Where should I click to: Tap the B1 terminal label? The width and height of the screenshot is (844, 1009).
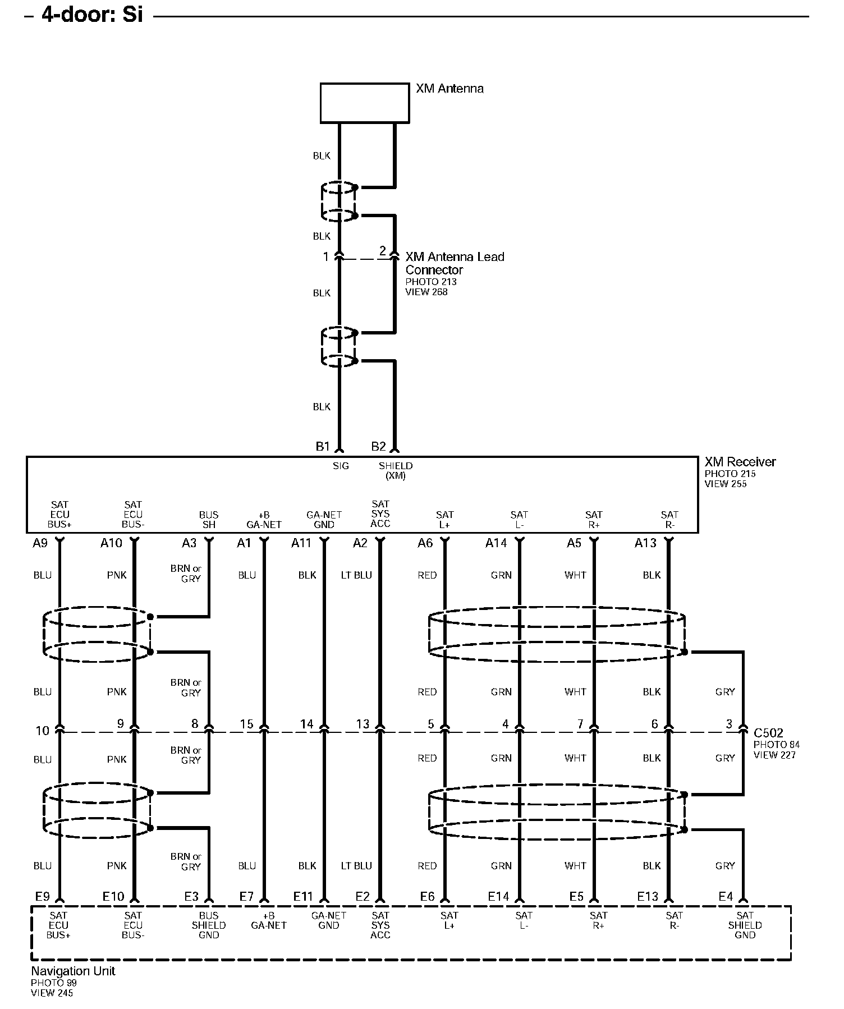tap(323, 447)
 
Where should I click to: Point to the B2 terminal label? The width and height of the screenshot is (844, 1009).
tap(379, 447)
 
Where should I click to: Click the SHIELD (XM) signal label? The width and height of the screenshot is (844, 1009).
tap(396, 471)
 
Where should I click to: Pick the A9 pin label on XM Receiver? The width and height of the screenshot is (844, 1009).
tap(40, 543)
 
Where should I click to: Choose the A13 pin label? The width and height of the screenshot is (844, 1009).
tap(645, 543)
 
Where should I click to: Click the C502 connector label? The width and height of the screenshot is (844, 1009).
tap(768, 733)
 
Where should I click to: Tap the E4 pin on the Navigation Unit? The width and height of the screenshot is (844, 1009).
tap(726, 897)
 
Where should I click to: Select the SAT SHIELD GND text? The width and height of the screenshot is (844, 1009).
tap(745, 925)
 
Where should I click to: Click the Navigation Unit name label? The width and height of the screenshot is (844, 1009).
tap(73, 971)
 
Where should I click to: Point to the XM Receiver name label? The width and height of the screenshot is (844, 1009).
tap(740, 462)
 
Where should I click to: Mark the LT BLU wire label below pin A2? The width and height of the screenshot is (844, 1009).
tap(356, 575)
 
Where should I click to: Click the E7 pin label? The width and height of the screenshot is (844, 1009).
tap(247, 897)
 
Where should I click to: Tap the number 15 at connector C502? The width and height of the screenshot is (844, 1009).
tap(247, 724)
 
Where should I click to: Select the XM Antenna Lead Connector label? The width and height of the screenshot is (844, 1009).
tap(455, 263)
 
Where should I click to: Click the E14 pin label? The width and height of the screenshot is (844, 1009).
tap(498, 897)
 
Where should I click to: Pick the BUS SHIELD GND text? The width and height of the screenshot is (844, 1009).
tap(209, 925)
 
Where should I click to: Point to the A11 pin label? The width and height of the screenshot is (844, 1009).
tap(301, 543)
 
